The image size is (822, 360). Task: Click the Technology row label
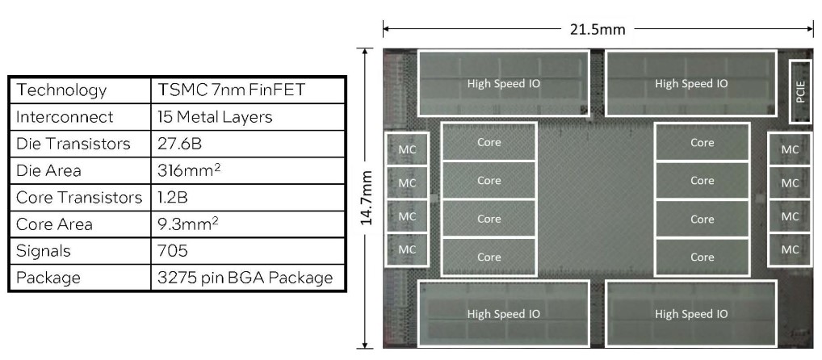coord(61,90)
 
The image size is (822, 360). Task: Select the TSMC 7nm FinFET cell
coord(231,90)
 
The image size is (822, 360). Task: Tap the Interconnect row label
coord(64,117)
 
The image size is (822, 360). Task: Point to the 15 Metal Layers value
coord(215,117)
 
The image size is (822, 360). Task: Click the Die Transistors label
coord(73,144)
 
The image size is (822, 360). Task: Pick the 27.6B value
coord(178,144)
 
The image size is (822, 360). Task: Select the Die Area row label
coord(48,171)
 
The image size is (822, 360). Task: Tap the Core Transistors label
coord(79,198)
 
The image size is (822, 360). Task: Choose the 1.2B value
coord(172,198)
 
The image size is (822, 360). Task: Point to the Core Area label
coord(54,224)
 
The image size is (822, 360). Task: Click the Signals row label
coord(44,251)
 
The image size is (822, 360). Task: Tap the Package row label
coord(48,278)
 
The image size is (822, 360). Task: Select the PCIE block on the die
coord(800,91)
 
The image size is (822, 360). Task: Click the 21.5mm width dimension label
coord(598,28)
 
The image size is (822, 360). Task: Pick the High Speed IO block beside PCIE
coord(691,83)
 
